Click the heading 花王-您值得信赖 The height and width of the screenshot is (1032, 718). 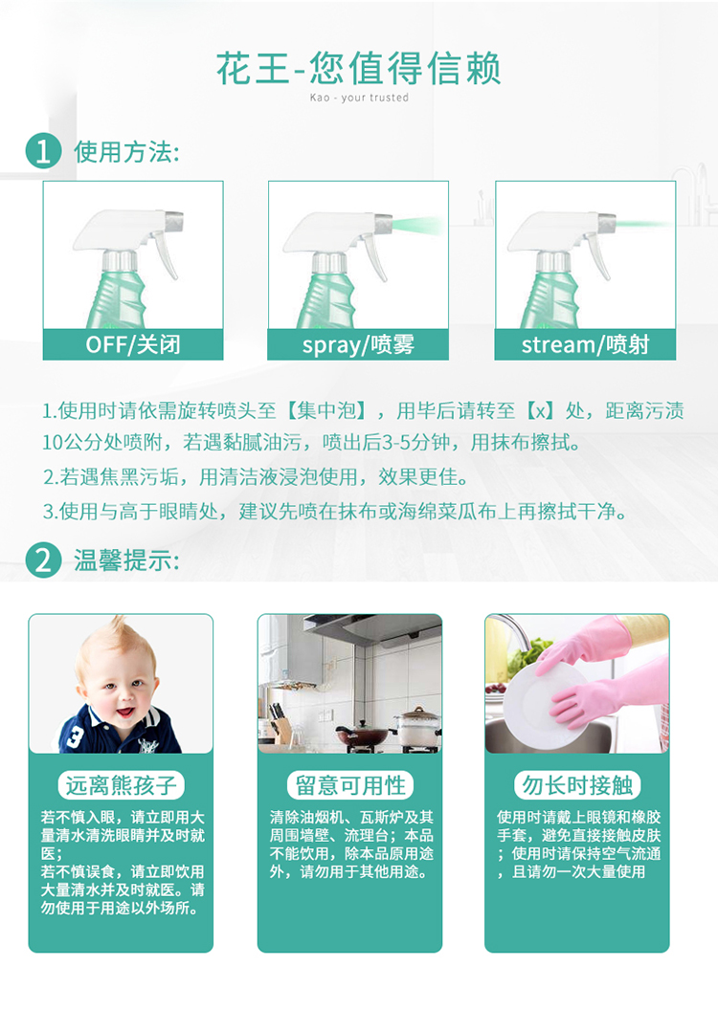359,69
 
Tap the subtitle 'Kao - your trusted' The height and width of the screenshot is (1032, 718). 359,98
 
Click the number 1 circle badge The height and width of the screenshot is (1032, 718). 43,151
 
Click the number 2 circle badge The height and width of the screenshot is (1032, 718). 43,560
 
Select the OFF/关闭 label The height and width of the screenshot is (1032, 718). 133,344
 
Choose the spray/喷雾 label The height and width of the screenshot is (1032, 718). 358,344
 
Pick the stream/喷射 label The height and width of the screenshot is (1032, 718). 585,344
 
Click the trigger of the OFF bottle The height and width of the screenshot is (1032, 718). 166,254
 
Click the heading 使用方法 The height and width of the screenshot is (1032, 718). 126,152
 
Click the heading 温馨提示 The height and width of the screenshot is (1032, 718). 126,560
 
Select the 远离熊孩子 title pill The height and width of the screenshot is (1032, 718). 122,785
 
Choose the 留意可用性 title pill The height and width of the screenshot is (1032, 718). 349,785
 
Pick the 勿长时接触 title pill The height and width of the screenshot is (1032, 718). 577,785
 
